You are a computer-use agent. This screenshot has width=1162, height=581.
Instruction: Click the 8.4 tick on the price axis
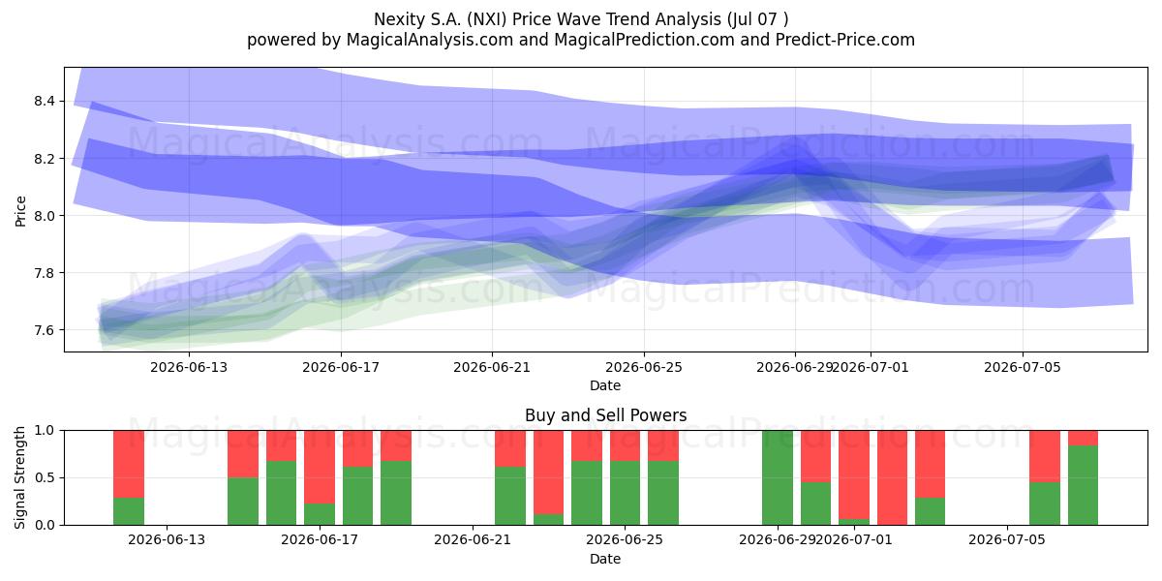point(45,101)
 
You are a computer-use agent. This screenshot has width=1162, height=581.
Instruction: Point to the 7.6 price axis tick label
point(45,330)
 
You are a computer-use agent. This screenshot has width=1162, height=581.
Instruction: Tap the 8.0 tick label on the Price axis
point(45,215)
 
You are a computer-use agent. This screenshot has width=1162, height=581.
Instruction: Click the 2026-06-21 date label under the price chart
point(492,367)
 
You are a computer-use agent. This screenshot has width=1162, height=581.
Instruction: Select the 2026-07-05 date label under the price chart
point(1023,367)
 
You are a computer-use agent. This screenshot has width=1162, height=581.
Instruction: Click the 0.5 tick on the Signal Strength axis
point(45,477)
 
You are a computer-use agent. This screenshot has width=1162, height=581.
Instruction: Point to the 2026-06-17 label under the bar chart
point(320,539)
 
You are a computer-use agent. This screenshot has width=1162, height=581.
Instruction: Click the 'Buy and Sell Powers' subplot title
point(605,415)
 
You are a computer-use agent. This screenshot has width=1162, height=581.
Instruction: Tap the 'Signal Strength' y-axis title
point(19,477)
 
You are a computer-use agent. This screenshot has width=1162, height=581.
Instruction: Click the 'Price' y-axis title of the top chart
point(20,211)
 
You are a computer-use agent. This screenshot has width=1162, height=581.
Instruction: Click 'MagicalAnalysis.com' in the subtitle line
point(430,40)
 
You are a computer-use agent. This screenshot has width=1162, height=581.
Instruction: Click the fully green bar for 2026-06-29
point(778,477)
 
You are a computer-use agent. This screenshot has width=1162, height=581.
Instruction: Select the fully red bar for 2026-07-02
point(892,477)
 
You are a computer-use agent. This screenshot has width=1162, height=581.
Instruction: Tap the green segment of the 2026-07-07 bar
point(1084,484)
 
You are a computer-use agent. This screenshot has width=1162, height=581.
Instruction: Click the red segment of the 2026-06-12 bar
point(129,464)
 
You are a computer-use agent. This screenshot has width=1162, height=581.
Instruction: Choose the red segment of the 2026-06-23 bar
point(548,473)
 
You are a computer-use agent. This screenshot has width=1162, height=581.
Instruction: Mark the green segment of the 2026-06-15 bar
point(243,501)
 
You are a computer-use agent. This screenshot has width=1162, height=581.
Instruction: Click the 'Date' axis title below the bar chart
point(605,559)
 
